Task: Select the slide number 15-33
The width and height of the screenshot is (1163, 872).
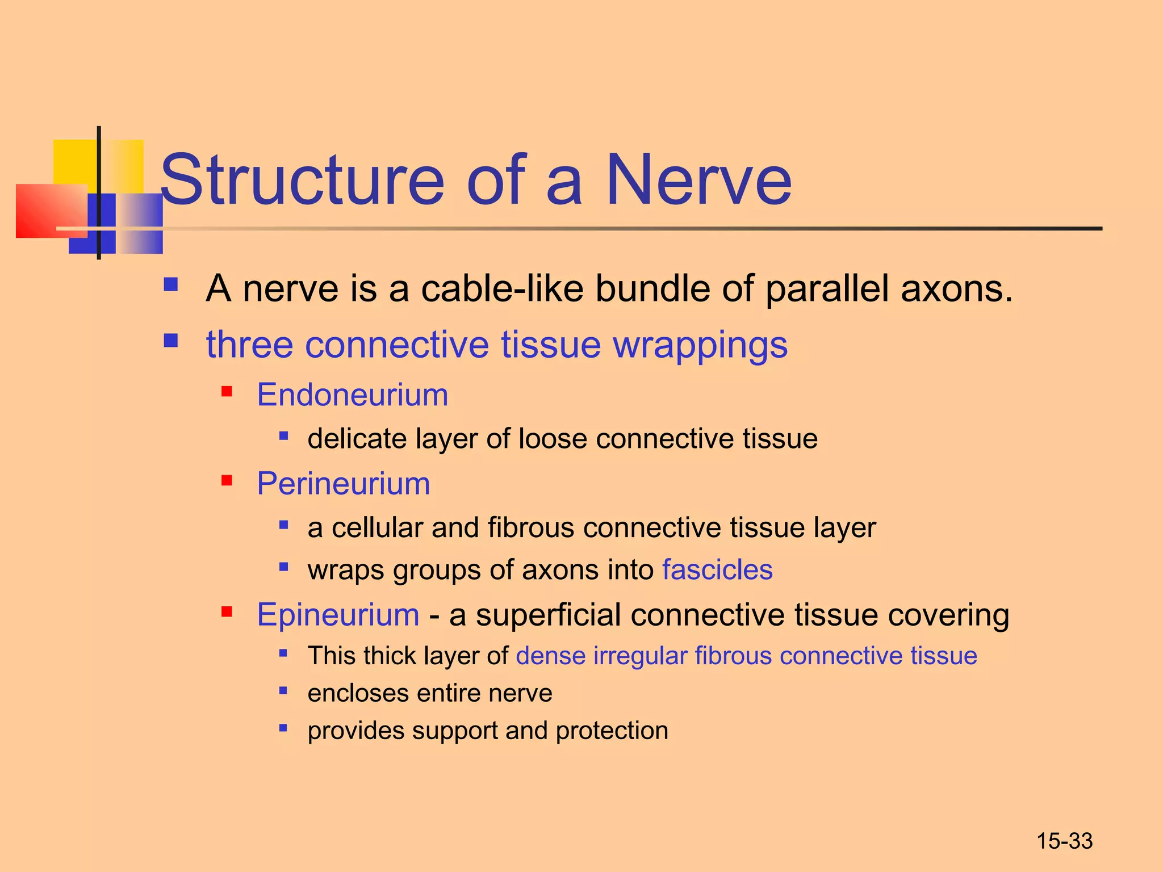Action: [1064, 841]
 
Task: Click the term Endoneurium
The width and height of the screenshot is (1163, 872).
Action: [352, 395]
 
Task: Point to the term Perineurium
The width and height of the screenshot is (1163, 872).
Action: [343, 484]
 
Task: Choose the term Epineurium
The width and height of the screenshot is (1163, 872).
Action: [338, 615]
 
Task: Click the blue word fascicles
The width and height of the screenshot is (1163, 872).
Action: [717, 569]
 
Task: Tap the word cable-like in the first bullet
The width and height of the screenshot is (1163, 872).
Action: [502, 288]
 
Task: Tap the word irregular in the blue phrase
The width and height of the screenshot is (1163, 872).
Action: [640, 656]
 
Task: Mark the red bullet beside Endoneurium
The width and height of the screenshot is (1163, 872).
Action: [227, 391]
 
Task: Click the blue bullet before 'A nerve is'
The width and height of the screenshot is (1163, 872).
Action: [170, 284]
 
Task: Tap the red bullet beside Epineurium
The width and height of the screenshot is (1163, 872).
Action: [227, 611]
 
